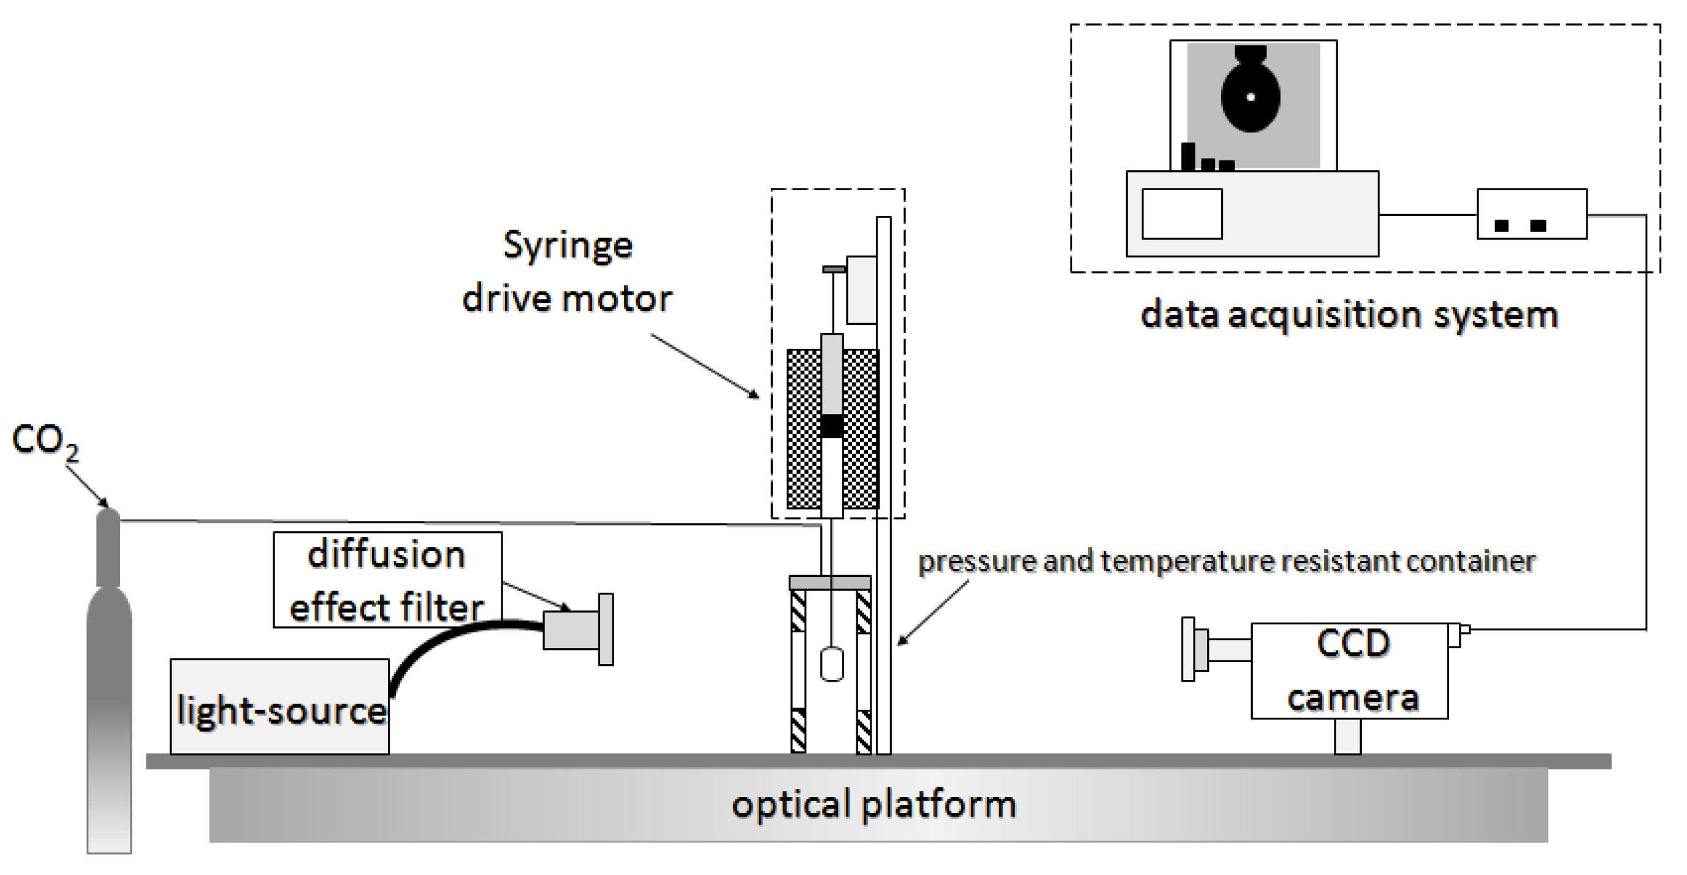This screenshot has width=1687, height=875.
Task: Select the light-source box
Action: [279, 707]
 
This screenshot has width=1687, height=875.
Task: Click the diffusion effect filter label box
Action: [387, 580]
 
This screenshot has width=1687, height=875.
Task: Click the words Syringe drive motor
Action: [567, 272]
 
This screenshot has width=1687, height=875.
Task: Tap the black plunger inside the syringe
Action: [832, 426]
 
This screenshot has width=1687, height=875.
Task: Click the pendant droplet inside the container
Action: [832, 664]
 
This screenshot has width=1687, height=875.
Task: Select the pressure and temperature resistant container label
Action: [1227, 562]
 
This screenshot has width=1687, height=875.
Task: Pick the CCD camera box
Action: [1349, 671]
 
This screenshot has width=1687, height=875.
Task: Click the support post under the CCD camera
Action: [1348, 736]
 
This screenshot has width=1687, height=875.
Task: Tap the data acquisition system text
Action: [1349, 315]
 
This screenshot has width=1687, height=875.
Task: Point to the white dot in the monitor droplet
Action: [1251, 97]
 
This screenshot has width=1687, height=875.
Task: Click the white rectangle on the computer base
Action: [1182, 214]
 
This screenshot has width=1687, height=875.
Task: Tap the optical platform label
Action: [873, 804]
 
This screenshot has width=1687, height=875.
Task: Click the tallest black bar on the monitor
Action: [1189, 156]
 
